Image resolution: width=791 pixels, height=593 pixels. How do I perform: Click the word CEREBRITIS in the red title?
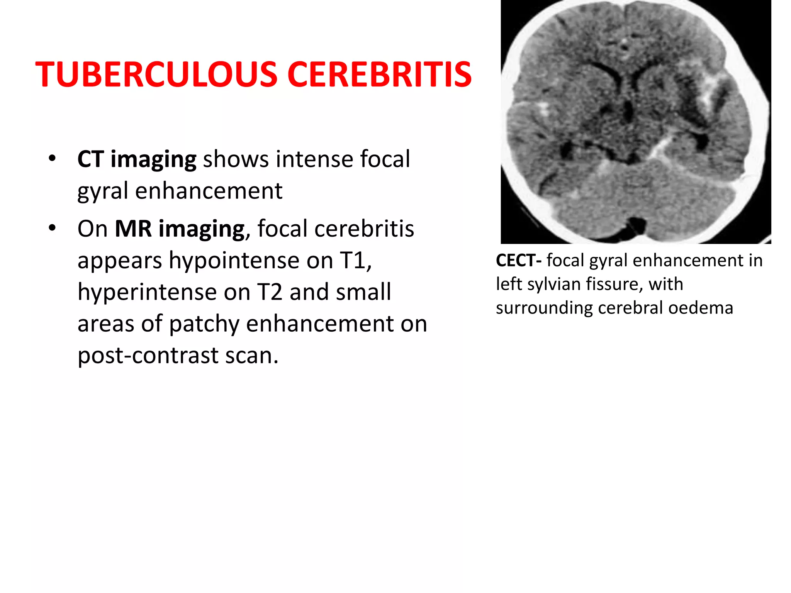pos(379,74)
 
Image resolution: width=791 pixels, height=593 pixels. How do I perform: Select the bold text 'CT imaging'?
pos(137,159)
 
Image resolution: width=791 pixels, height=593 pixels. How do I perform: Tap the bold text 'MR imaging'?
pos(180,229)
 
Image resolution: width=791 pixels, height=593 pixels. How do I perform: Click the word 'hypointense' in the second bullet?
pos(234,260)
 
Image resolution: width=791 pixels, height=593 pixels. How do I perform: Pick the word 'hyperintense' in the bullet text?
pos(147,292)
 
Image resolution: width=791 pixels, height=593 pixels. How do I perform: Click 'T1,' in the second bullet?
pos(356,260)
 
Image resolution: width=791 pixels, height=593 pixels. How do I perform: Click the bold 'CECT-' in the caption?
pos(519,261)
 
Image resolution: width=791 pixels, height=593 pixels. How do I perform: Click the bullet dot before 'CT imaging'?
pos(53,158)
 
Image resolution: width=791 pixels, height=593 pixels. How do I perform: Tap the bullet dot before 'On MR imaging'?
pos(53,228)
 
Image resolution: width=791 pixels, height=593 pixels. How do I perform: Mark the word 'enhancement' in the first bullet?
pos(209,191)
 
